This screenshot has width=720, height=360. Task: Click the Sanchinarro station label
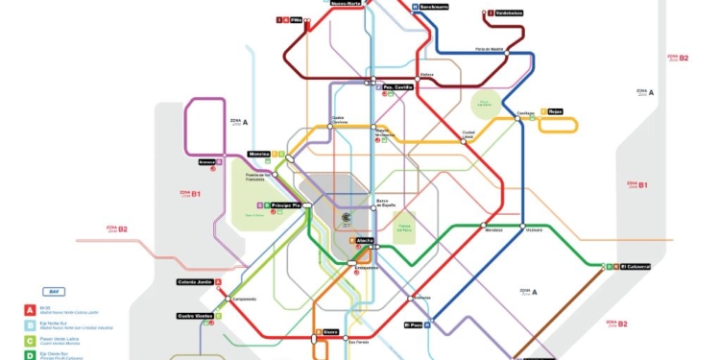click(435, 7)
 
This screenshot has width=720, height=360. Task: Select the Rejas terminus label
click(555, 111)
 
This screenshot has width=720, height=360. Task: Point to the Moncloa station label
click(259, 154)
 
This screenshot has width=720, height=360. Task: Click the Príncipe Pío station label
click(286, 205)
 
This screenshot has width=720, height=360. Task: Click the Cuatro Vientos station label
click(195, 315)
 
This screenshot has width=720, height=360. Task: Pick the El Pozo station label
click(412, 324)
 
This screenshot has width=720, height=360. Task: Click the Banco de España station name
click(384, 204)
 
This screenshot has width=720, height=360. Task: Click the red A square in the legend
click(31, 309)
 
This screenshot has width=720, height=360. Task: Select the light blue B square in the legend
click(31, 324)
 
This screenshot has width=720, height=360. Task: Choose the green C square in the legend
click(31, 340)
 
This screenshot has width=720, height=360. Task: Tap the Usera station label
click(330, 332)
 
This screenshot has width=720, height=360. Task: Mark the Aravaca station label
click(206, 162)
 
